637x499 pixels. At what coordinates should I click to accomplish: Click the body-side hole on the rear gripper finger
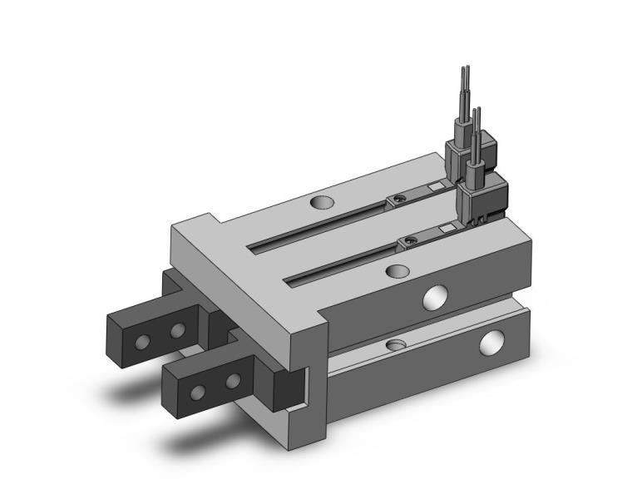tap(176, 331)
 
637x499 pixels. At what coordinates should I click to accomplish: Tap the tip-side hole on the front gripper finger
tap(198, 391)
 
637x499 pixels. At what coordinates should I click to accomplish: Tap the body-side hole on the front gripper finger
tap(234, 382)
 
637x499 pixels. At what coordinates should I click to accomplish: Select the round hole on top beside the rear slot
tap(322, 201)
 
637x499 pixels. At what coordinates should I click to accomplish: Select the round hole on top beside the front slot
tap(398, 270)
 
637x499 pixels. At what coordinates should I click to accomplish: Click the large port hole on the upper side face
tap(434, 297)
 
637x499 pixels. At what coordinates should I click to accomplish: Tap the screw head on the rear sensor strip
tap(399, 200)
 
